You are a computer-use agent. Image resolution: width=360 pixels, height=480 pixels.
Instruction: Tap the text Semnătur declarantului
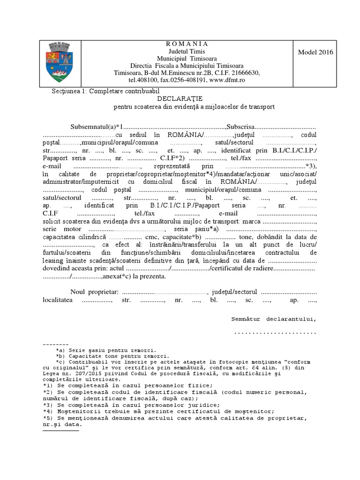pyautogui.click(x=274, y=319)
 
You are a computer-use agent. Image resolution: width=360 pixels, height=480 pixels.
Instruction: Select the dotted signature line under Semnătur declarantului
pyautogui.click(x=275, y=332)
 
